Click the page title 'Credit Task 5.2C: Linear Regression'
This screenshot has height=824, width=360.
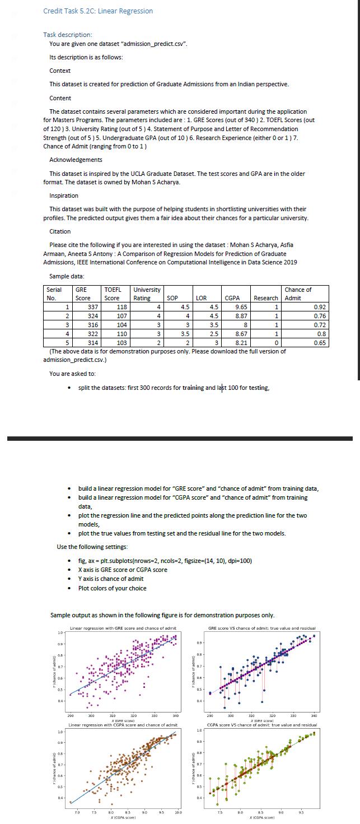pos(98,11)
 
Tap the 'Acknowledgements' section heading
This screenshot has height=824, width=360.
pos(76,160)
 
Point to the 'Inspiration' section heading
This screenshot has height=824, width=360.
pos(64,195)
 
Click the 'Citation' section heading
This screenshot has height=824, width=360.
pos(60,231)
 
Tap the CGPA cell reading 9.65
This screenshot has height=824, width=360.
pos(241,307)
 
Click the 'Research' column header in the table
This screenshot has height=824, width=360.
pos(266,298)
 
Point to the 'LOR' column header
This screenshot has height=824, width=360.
pos(201,298)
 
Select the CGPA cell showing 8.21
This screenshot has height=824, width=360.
pos(241,343)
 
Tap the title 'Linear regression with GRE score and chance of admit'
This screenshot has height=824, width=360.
pos(123,629)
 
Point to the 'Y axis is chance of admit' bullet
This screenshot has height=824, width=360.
pos(110,579)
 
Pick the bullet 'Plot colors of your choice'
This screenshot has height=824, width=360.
pos(112,588)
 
